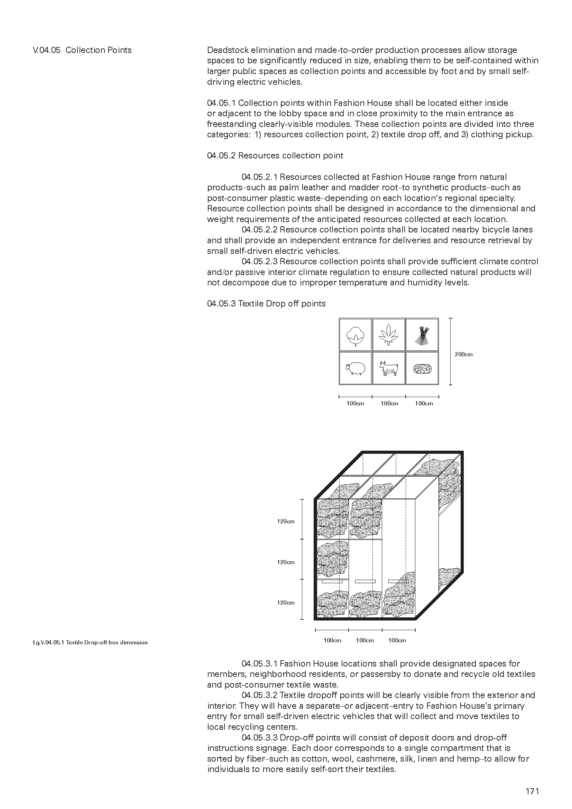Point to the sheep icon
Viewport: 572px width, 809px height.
click(x=355, y=369)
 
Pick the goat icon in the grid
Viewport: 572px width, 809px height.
click(x=389, y=369)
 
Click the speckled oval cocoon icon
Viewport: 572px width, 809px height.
click(x=422, y=369)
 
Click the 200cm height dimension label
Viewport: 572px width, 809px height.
click(x=463, y=354)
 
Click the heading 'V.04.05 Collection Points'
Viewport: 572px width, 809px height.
click(x=82, y=50)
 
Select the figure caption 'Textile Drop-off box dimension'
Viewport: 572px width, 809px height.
click(x=90, y=642)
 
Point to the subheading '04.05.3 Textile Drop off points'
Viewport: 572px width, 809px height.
click(x=266, y=304)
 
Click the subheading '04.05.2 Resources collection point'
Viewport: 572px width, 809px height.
click(x=275, y=156)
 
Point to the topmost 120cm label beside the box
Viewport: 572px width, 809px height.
click(x=286, y=522)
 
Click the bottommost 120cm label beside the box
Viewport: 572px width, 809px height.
click(x=286, y=603)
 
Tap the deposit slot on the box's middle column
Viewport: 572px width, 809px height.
click(x=365, y=581)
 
